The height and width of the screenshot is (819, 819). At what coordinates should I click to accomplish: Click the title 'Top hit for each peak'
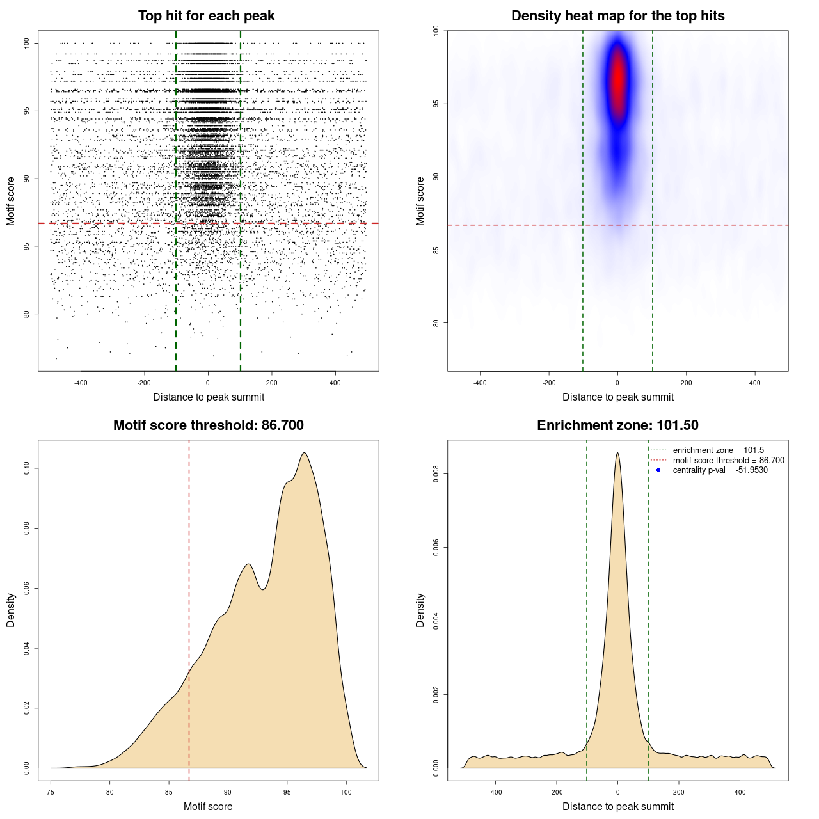point(206,16)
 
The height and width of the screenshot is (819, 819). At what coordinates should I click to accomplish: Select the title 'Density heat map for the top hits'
point(617,16)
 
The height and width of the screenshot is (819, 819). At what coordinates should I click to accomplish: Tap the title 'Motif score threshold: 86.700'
point(208,425)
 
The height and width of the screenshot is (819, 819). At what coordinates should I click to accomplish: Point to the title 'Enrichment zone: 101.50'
point(617,425)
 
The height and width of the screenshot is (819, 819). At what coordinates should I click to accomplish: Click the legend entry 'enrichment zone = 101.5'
point(718,450)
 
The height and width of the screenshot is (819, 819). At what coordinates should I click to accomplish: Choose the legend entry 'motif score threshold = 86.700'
point(728,460)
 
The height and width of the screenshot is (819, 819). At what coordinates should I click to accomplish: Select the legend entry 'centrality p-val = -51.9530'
point(720,470)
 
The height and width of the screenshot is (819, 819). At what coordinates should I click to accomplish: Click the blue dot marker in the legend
point(658,470)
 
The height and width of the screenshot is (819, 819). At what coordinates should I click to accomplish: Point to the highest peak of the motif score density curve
point(305,453)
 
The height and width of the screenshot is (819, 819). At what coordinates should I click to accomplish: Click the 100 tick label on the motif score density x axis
point(346,793)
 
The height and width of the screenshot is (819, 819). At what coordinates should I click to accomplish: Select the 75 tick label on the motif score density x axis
point(51,793)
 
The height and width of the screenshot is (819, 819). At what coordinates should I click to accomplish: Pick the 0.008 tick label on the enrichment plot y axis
point(436,474)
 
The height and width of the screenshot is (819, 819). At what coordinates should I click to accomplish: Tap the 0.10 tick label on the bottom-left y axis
point(27,468)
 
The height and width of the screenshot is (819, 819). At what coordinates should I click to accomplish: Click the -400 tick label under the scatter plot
point(81,383)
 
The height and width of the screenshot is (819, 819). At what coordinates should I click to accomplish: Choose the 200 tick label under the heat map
point(686,383)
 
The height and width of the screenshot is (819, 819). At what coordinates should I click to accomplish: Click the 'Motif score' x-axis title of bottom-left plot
point(208,806)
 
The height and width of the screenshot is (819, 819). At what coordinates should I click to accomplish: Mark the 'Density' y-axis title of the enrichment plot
point(420,610)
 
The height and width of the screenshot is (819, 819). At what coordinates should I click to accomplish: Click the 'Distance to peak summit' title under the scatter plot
point(209,397)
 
